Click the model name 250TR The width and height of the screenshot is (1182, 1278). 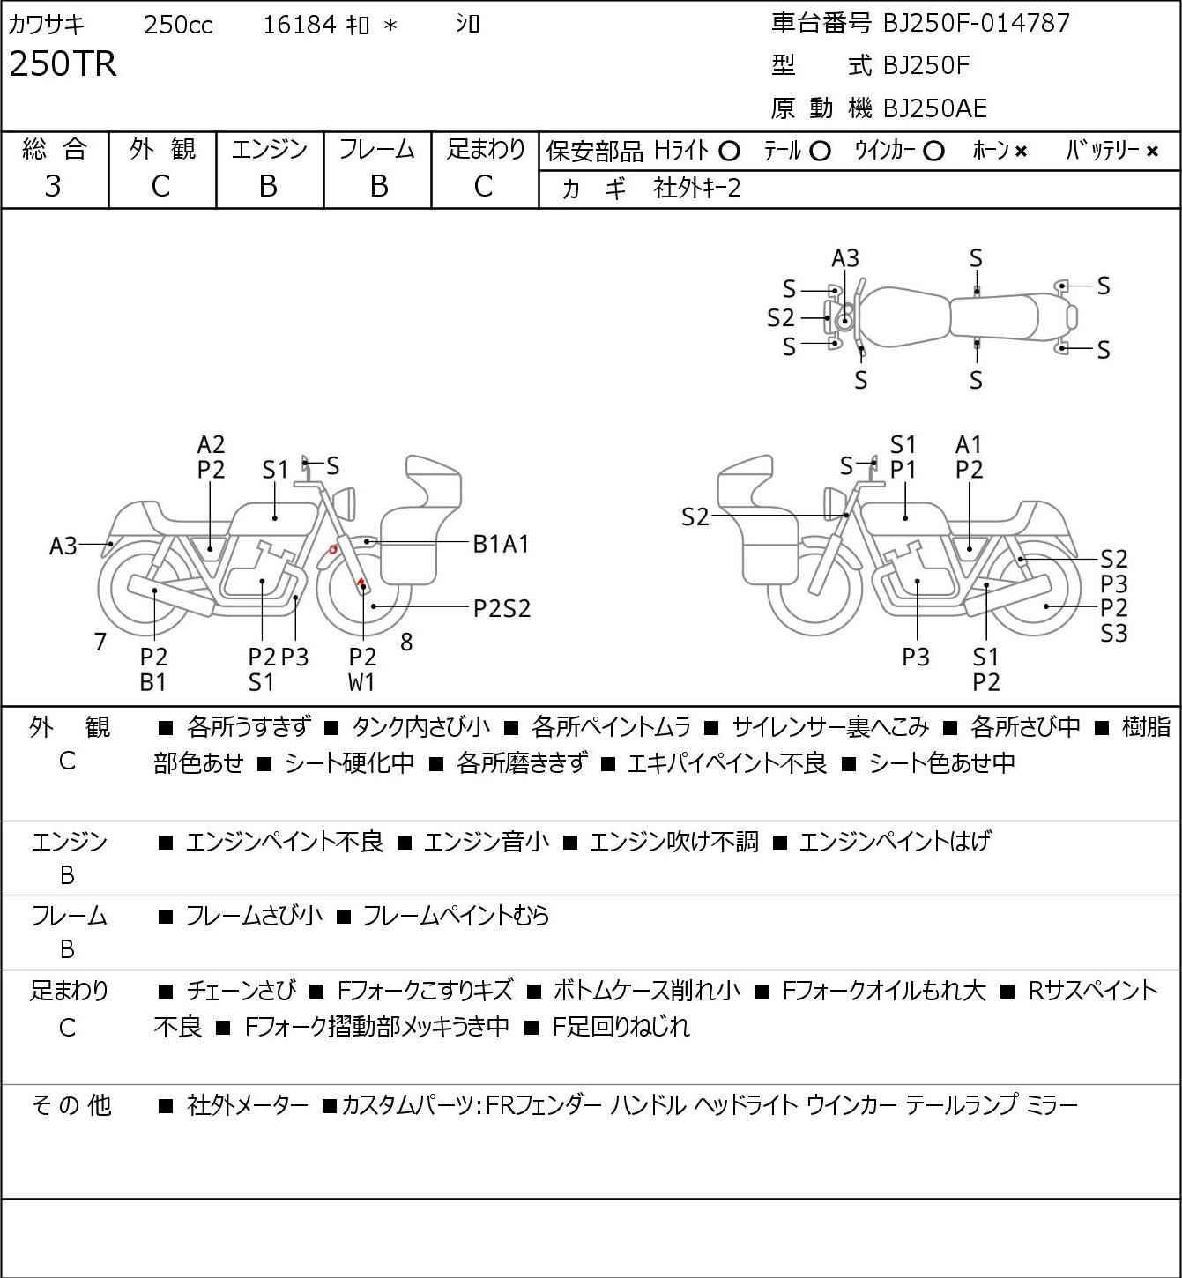[63, 63]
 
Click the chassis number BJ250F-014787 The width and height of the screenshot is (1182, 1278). [976, 23]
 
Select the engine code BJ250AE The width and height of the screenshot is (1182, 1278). [935, 108]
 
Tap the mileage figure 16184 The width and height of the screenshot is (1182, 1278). [300, 25]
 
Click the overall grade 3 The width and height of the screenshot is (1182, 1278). [53, 186]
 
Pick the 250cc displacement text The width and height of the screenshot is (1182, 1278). [178, 25]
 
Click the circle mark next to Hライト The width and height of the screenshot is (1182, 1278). [729, 152]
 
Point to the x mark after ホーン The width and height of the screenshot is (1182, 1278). [1021, 152]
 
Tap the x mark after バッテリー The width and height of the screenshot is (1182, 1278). [1152, 152]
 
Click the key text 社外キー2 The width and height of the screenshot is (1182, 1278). [697, 188]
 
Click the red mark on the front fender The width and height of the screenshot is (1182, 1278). [333, 549]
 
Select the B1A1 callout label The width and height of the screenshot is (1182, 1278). [501, 545]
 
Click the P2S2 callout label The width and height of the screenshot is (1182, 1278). [502, 608]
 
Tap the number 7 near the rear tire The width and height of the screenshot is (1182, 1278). [100, 642]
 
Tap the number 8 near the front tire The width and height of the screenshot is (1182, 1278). [405, 642]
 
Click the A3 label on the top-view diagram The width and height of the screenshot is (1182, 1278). [844, 259]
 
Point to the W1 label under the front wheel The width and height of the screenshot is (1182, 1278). [361, 682]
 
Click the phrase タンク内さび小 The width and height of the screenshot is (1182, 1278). [420, 726]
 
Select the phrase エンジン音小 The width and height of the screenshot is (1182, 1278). [486, 842]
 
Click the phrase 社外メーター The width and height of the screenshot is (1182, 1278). [247, 1105]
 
